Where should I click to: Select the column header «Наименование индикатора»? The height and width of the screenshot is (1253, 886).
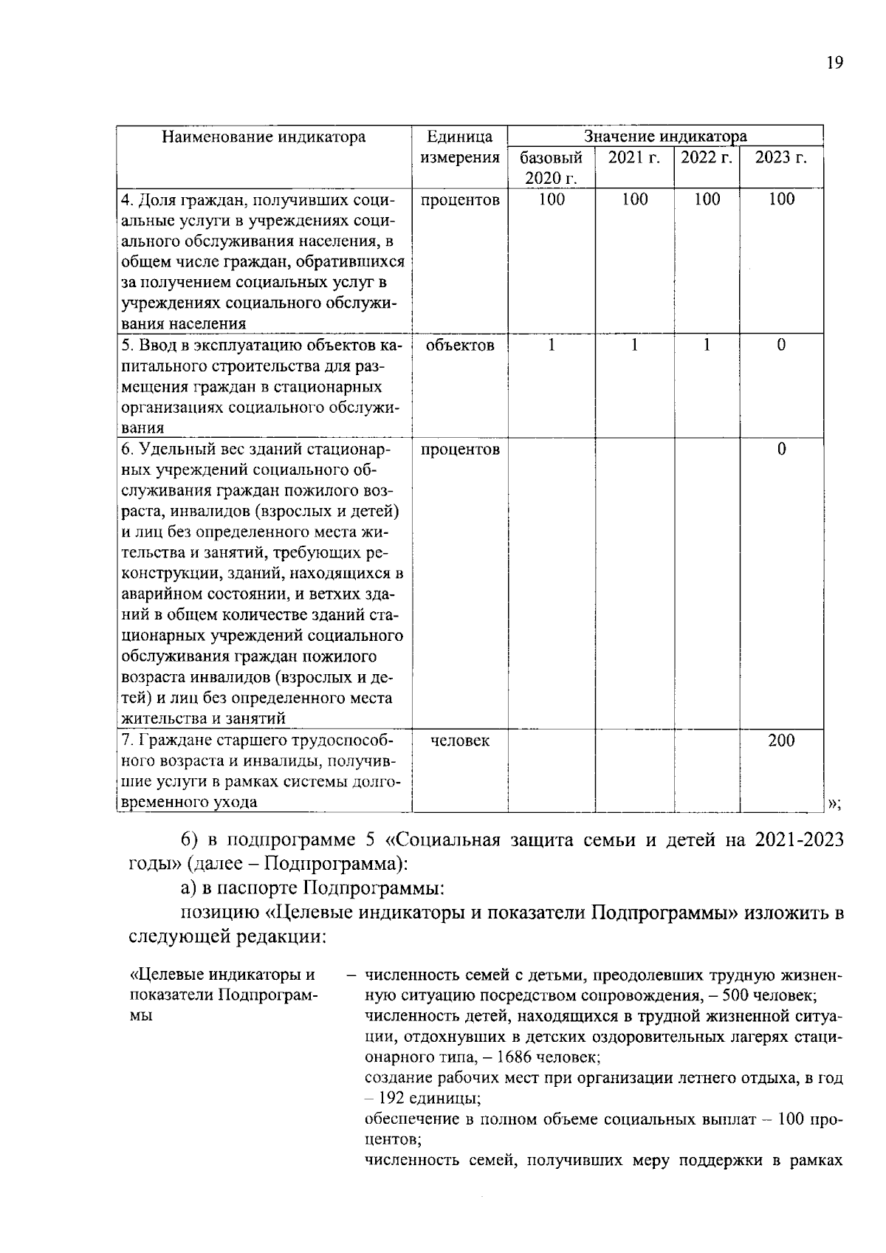[x=264, y=137]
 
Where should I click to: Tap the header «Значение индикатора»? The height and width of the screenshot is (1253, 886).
[x=664, y=136]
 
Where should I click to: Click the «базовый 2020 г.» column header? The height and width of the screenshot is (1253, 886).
[x=551, y=168]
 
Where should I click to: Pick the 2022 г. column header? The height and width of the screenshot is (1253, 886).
[x=706, y=157]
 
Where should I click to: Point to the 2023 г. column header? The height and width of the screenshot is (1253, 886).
[x=780, y=157]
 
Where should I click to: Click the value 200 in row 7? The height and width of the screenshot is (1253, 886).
[x=780, y=741]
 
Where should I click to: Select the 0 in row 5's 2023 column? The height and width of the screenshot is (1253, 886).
[x=781, y=345]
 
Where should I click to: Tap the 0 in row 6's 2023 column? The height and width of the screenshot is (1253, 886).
[x=781, y=449]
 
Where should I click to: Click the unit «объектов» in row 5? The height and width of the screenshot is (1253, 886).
[x=460, y=345]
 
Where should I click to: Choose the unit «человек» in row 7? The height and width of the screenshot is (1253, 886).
[x=460, y=741]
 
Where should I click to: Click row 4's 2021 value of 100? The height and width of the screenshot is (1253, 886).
[x=634, y=199]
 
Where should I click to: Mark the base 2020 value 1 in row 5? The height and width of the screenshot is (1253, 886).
[x=551, y=345]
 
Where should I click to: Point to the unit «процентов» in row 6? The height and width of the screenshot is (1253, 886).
[x=460, y=449]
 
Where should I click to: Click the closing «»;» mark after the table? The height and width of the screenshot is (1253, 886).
[x=834, y=803]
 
